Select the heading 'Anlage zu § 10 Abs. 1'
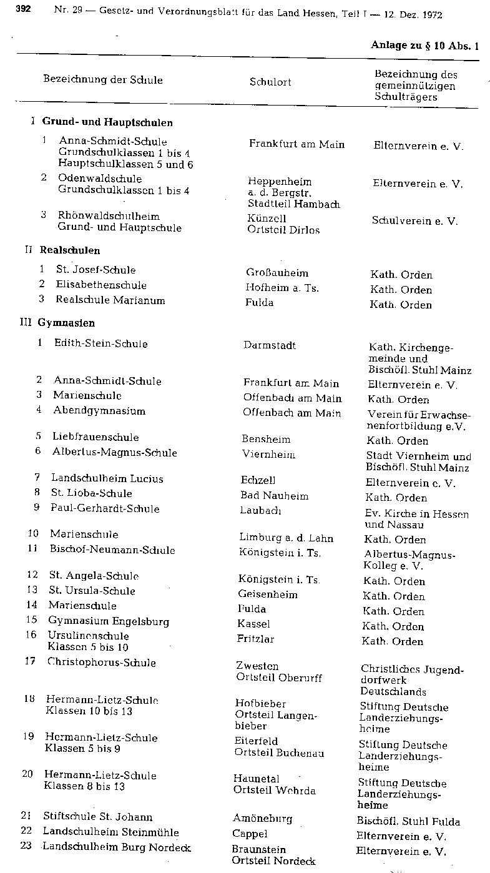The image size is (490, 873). pyautogui.click(x=424, y=45)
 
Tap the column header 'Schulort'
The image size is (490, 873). pyautogui.click(x=270, y=82)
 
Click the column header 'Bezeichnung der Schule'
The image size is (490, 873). pyautogui.click(x=103, y=79)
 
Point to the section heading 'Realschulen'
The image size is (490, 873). pyautogui.click(x=70, y=250)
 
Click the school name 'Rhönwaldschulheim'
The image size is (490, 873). pyautogui.click(x=109, y=215)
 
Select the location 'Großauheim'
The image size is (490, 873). pyautogui.click(x=277, y=273)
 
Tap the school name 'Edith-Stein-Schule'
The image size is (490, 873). pyautogui.click(x=101, y=343)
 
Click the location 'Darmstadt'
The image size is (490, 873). pyautogui.click(x=270, y=345)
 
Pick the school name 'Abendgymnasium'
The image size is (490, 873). pyautogui.click(x=99, y=411)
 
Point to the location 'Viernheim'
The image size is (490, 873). pyautogui.click(x=268, y=455)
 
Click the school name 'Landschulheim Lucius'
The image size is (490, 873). pyautogui.click(x=107, y=479)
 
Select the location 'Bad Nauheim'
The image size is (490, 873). pyautogui.click(x=275, y=496)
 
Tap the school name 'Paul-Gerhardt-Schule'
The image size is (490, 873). pyautogui.click(x=105, y=508)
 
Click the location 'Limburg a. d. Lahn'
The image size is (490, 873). pyautogui.click(x=286, y=538)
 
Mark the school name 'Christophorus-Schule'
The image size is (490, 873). pyautogui.click(x=102, y=663)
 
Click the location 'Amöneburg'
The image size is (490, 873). pyautogui.click(x=262, y=819)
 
